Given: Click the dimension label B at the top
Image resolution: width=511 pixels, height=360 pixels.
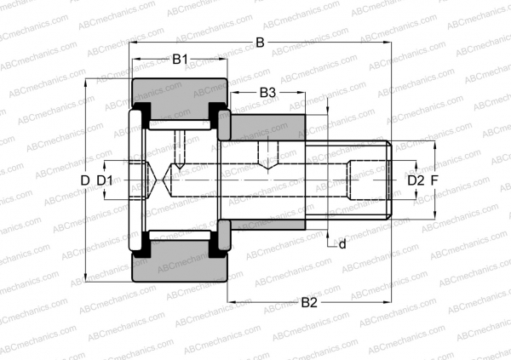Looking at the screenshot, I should pyautogui.click(x=260, y=43).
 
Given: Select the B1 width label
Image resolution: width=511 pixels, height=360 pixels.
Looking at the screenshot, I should pyautogui.click(x=180, y=60).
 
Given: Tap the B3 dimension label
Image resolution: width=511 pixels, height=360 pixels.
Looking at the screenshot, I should pyautogui.click(x=267, y=91).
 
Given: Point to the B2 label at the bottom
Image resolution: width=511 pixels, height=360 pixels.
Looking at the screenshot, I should pyautogui.click(x=308, y=302).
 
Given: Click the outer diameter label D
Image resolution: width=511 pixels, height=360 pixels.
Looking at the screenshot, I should pyautogui.click(x=84, y=180).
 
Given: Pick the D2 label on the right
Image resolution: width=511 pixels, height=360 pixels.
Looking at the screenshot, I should pyautogui.click(x=414, y=180).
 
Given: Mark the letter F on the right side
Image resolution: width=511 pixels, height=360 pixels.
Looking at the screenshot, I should pyautogui.click(x=434, y=180).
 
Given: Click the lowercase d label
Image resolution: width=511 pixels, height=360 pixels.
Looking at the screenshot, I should pyautogui.click(x=342, y=245).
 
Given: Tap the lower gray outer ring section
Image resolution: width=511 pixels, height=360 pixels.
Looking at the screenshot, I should pyautogui.click(x=179, y=269).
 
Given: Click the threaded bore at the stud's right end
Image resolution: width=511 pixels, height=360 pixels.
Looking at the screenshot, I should pyautogui.click(x=368, y=180).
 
